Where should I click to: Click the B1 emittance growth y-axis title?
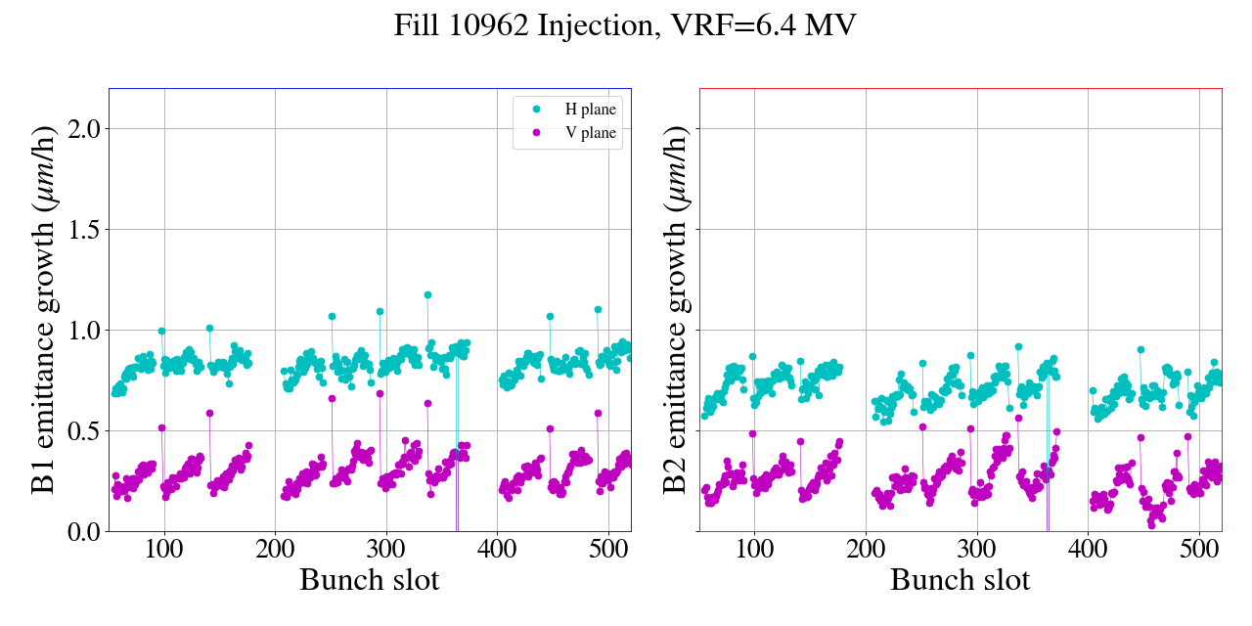tap(43, 309)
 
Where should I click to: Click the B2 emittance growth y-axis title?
tap(675, 309)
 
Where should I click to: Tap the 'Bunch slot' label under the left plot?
tap(370, 580)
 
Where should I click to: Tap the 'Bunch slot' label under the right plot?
tap(961, 580)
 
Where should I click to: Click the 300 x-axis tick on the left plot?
tap(386, 550)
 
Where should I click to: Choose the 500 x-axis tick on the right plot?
tap(1199, 550)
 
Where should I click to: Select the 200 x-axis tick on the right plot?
tap(866, 550)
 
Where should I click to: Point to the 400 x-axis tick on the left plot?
tap(497, 550)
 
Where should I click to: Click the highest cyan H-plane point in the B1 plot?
tap(427, 294)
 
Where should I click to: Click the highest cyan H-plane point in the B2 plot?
tap(1018, 346)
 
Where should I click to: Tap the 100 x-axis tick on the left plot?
tap(164, 550)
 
